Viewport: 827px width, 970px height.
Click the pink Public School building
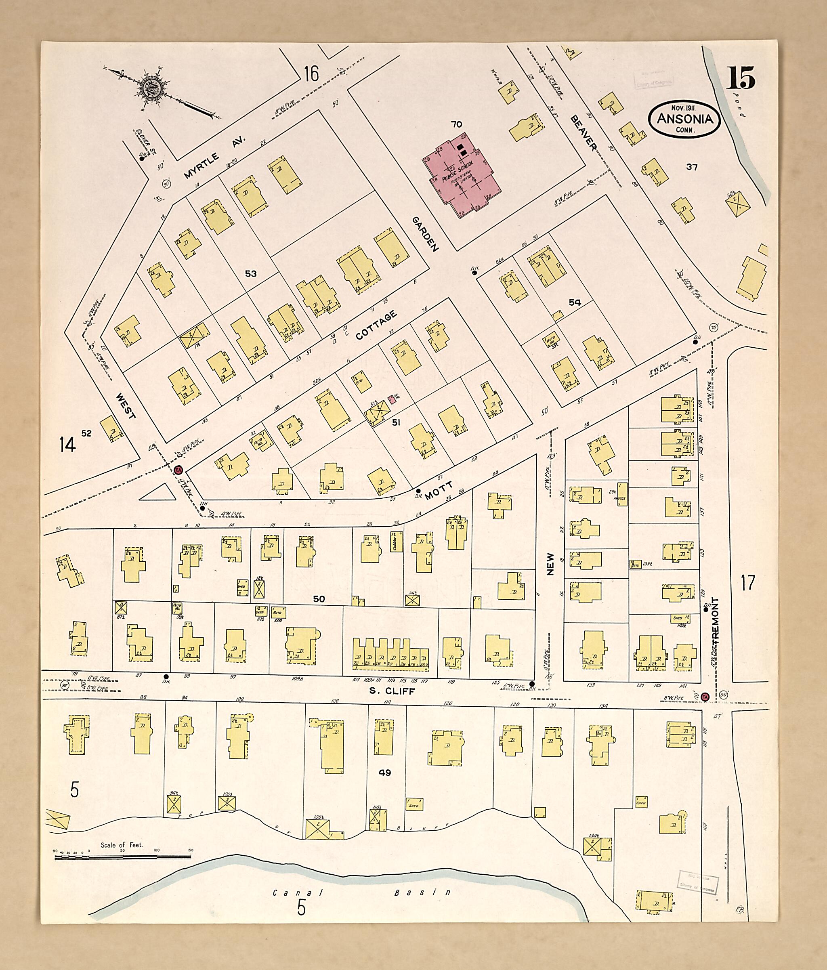click(461, 176)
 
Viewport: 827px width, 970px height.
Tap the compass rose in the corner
click(153, 88)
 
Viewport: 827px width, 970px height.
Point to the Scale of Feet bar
click(123, 857)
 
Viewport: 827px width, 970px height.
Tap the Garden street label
click(426, 234)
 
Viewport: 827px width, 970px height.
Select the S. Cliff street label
click(392, 691)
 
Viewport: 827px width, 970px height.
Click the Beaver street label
click(583, 133)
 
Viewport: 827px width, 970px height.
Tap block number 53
click(251, 273)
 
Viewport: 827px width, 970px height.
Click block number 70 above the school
click(456, 124)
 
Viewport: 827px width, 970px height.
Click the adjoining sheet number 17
click(748, 583)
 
